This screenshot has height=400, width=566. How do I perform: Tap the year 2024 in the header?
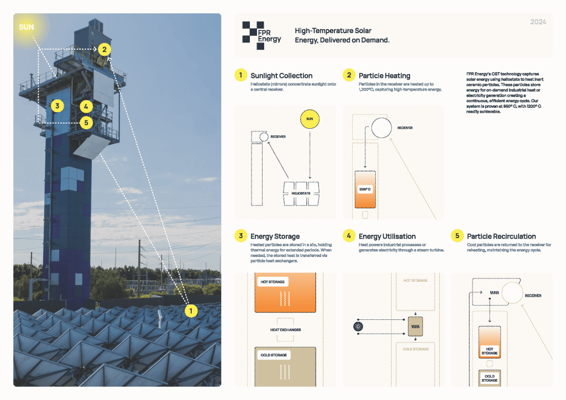(x=538, y=22)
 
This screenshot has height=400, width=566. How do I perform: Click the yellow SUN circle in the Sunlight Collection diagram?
(x=310, y=119)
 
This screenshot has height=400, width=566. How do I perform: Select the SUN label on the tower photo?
(x=27, y=27)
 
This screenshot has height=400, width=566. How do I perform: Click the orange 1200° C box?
(x=365, y=189)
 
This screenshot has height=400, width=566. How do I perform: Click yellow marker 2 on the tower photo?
(x=103, y=49)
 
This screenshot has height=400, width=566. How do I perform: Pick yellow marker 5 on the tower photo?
(x=86, y=122)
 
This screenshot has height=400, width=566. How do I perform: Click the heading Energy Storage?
(x=275, y=236)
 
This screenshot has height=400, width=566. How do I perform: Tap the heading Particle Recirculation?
(x=501, y=236)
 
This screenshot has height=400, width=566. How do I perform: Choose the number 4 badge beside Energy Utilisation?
(x=349, y=236)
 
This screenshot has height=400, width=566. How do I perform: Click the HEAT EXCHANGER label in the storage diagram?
(x=285, y=330)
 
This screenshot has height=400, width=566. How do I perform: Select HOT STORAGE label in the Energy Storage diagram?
(x=272, y=282)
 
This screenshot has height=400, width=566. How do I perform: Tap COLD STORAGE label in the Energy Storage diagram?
(x=273, y=355)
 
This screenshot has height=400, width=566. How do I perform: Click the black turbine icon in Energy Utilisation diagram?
(x=355, y=327)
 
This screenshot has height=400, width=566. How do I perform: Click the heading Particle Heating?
(x=384, y=76)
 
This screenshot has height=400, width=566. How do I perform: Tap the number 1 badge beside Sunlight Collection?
(x=240, y=75)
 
